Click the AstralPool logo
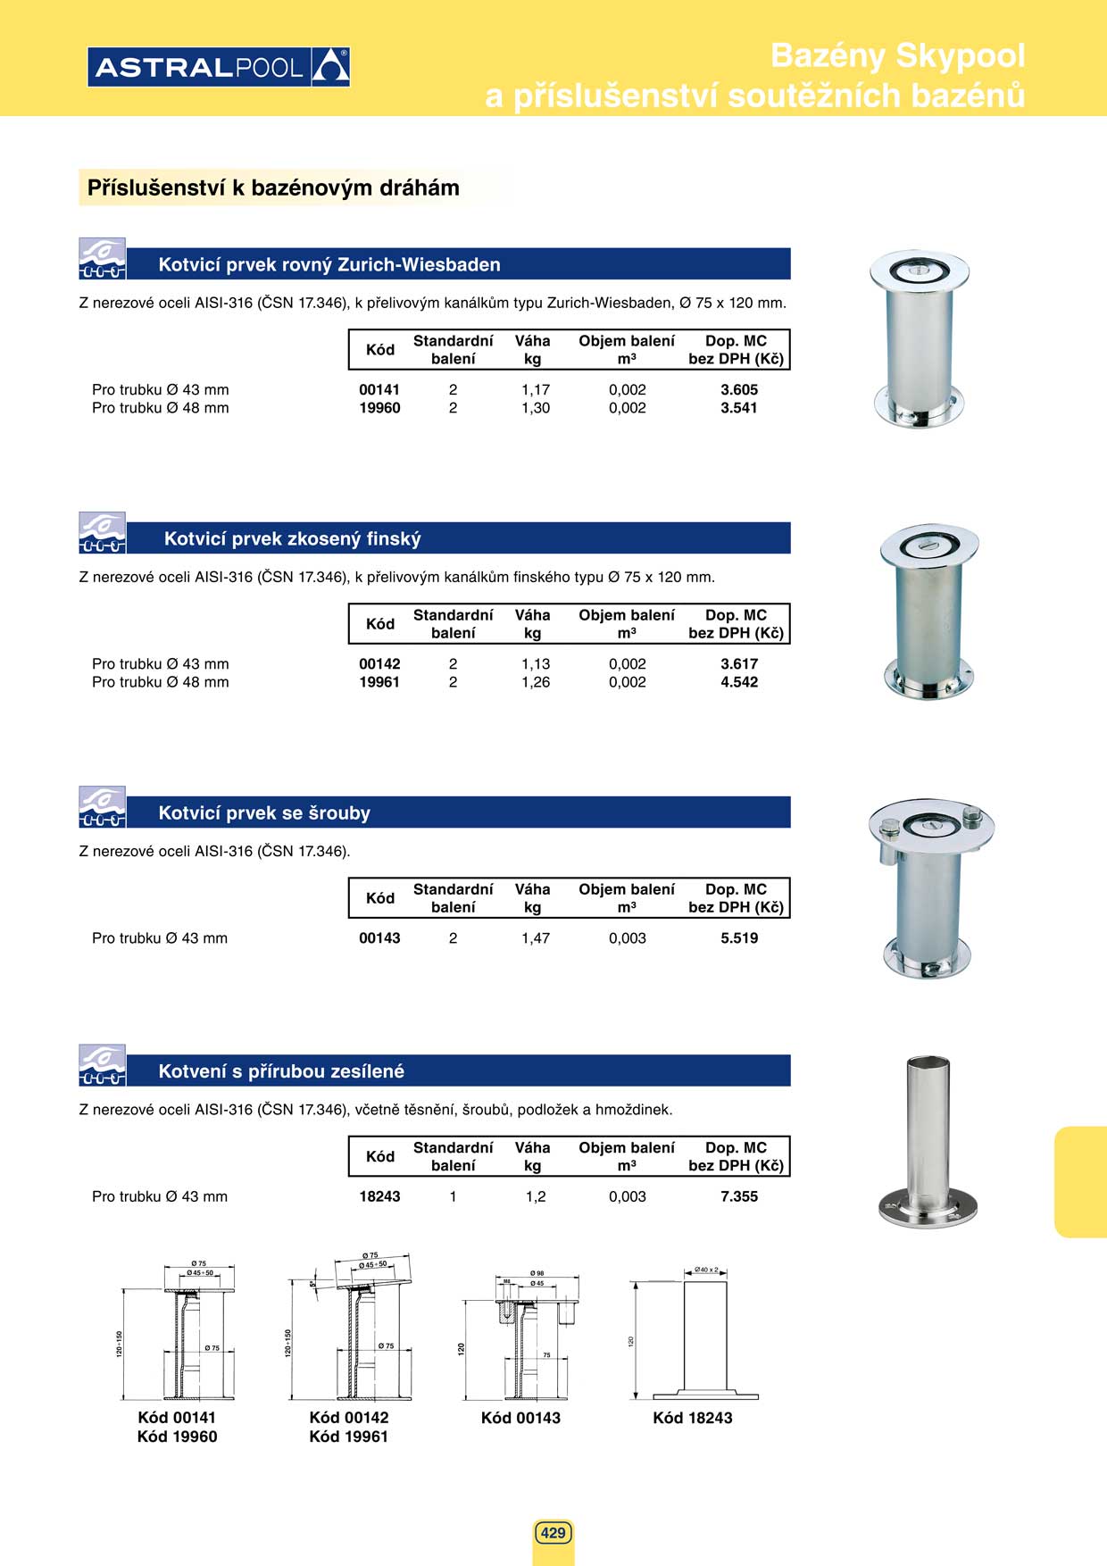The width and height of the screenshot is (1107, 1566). (219, 67)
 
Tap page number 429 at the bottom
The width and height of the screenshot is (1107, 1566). (553, 1533)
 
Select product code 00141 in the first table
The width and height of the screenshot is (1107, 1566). (379, 389)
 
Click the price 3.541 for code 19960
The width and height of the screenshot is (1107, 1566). (739, 408)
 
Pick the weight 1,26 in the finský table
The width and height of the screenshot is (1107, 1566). (536, 682)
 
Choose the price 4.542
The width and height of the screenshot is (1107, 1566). (739, 682)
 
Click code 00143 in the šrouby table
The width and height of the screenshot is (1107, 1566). (379, 938)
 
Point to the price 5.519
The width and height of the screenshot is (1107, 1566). (739, 938)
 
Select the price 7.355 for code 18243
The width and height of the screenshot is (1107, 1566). (739, 1196)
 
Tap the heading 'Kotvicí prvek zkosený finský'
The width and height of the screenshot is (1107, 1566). (292, 538)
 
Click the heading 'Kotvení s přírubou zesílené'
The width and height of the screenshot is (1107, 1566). (281, 1071)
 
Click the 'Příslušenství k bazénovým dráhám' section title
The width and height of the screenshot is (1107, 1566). (273, 188)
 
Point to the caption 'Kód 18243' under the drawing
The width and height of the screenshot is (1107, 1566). (692, 1418)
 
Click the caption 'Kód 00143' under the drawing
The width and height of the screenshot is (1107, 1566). (520, 1418)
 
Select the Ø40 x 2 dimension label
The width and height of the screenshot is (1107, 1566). (706, 1270)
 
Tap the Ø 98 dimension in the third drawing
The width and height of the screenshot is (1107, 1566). (537, 1273)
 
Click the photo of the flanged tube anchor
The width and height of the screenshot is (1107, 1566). (928, 1142)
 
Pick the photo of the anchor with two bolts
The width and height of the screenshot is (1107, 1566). (930, 887)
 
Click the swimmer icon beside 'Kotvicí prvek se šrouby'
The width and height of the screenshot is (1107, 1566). (102, 807)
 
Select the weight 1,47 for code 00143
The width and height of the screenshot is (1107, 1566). (536, 938)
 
